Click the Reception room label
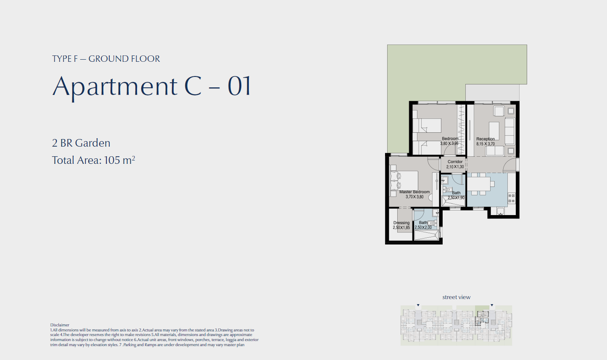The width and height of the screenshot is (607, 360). point(486,139)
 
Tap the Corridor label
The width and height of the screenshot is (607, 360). point(455,162)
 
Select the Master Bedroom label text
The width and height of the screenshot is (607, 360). point(414,192)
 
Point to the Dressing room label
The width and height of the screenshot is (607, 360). point(401,223)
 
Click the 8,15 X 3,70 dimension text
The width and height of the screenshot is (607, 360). point(486,144)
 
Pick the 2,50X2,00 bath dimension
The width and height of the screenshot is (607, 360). point(423,228)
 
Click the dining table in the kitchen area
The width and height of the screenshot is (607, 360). point(479,184)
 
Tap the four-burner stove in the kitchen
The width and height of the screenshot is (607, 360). point(512,198)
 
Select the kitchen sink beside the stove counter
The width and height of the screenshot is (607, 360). point(501,211)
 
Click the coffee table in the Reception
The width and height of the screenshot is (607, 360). point(494,131)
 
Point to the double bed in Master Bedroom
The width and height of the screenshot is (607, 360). point(404,181)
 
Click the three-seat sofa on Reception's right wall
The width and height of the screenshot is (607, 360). point(509,131)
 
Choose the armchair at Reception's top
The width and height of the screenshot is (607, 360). point(499,111)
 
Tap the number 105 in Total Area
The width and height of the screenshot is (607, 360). point(112,160)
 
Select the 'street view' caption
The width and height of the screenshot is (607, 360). point(457,297)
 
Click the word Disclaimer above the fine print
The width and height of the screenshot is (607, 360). point(60,325)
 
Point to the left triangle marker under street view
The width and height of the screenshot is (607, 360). point(418,305)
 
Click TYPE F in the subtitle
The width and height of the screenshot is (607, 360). point(65,59)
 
